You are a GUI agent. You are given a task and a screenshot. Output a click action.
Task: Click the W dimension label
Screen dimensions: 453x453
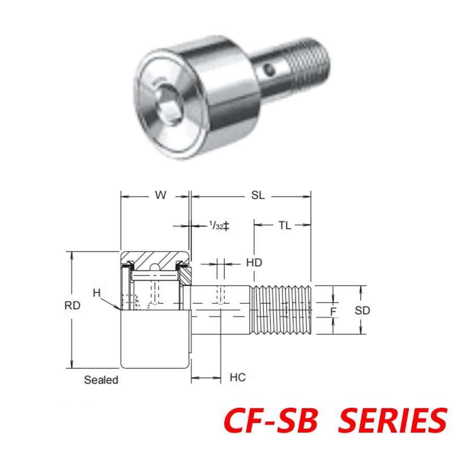[161, 195]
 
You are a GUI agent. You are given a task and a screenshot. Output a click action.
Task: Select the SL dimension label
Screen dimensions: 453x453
[258, 195]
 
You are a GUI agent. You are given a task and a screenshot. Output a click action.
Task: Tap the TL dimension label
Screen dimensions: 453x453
[284, 225]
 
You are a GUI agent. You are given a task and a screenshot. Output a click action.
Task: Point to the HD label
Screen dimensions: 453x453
[254, 263]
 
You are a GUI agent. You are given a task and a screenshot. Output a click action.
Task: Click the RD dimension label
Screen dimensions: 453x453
[72, 306]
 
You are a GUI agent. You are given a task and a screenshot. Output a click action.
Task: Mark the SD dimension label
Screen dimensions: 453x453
[362, 310]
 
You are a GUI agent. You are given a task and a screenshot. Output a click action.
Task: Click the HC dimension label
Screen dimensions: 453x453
[238, 378]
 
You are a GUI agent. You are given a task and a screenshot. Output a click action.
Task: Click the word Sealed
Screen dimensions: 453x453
[101, 380]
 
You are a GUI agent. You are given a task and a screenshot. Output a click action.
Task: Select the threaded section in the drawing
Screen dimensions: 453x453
[281, 309]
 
